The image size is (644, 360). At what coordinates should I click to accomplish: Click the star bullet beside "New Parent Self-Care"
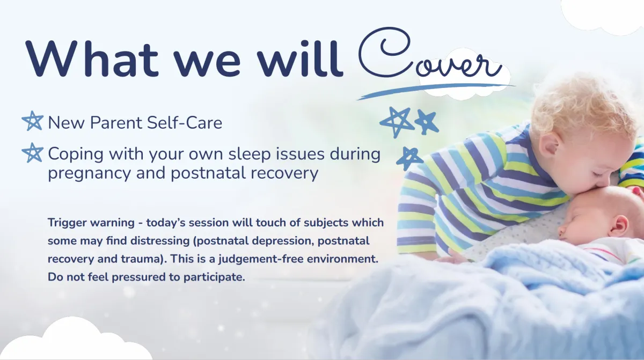coord(33,121)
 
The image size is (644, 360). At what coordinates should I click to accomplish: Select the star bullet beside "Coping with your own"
coord(33,152)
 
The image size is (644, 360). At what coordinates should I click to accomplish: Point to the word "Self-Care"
coord(184,123)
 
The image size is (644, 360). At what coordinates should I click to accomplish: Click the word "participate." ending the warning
coord(214,277)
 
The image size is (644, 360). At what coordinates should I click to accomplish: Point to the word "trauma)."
coord(144,259)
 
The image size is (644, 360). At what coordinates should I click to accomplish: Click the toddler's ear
coord(550,150)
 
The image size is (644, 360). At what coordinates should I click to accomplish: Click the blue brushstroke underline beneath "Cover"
coord(436,91)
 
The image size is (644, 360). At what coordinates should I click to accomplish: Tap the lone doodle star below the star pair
coord(409,158)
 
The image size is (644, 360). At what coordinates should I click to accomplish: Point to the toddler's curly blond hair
coord(584,106)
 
